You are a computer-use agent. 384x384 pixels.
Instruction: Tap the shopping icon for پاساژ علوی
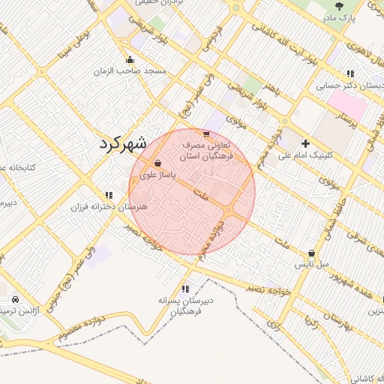click(x=157, y=163)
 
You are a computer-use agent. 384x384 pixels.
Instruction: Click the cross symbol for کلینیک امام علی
click(x=305, y=143)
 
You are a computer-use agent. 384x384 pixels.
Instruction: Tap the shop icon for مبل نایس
click(x=311, y=253)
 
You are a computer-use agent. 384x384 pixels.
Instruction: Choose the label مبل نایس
click(x=311, y=265)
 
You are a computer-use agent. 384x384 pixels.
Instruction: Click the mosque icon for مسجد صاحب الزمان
click(x=130, y=60)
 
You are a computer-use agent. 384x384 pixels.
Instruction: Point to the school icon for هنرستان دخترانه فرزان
click(x=109, y=195)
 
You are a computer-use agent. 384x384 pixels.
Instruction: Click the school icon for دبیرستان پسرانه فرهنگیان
click(x=185, y=289)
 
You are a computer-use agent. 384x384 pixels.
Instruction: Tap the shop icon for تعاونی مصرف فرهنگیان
click(x=206, y=133)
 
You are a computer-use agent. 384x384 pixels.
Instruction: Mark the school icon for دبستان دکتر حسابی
click(x=349, y=73)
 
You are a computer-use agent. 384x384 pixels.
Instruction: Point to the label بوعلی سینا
click(x=82, y=36)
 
